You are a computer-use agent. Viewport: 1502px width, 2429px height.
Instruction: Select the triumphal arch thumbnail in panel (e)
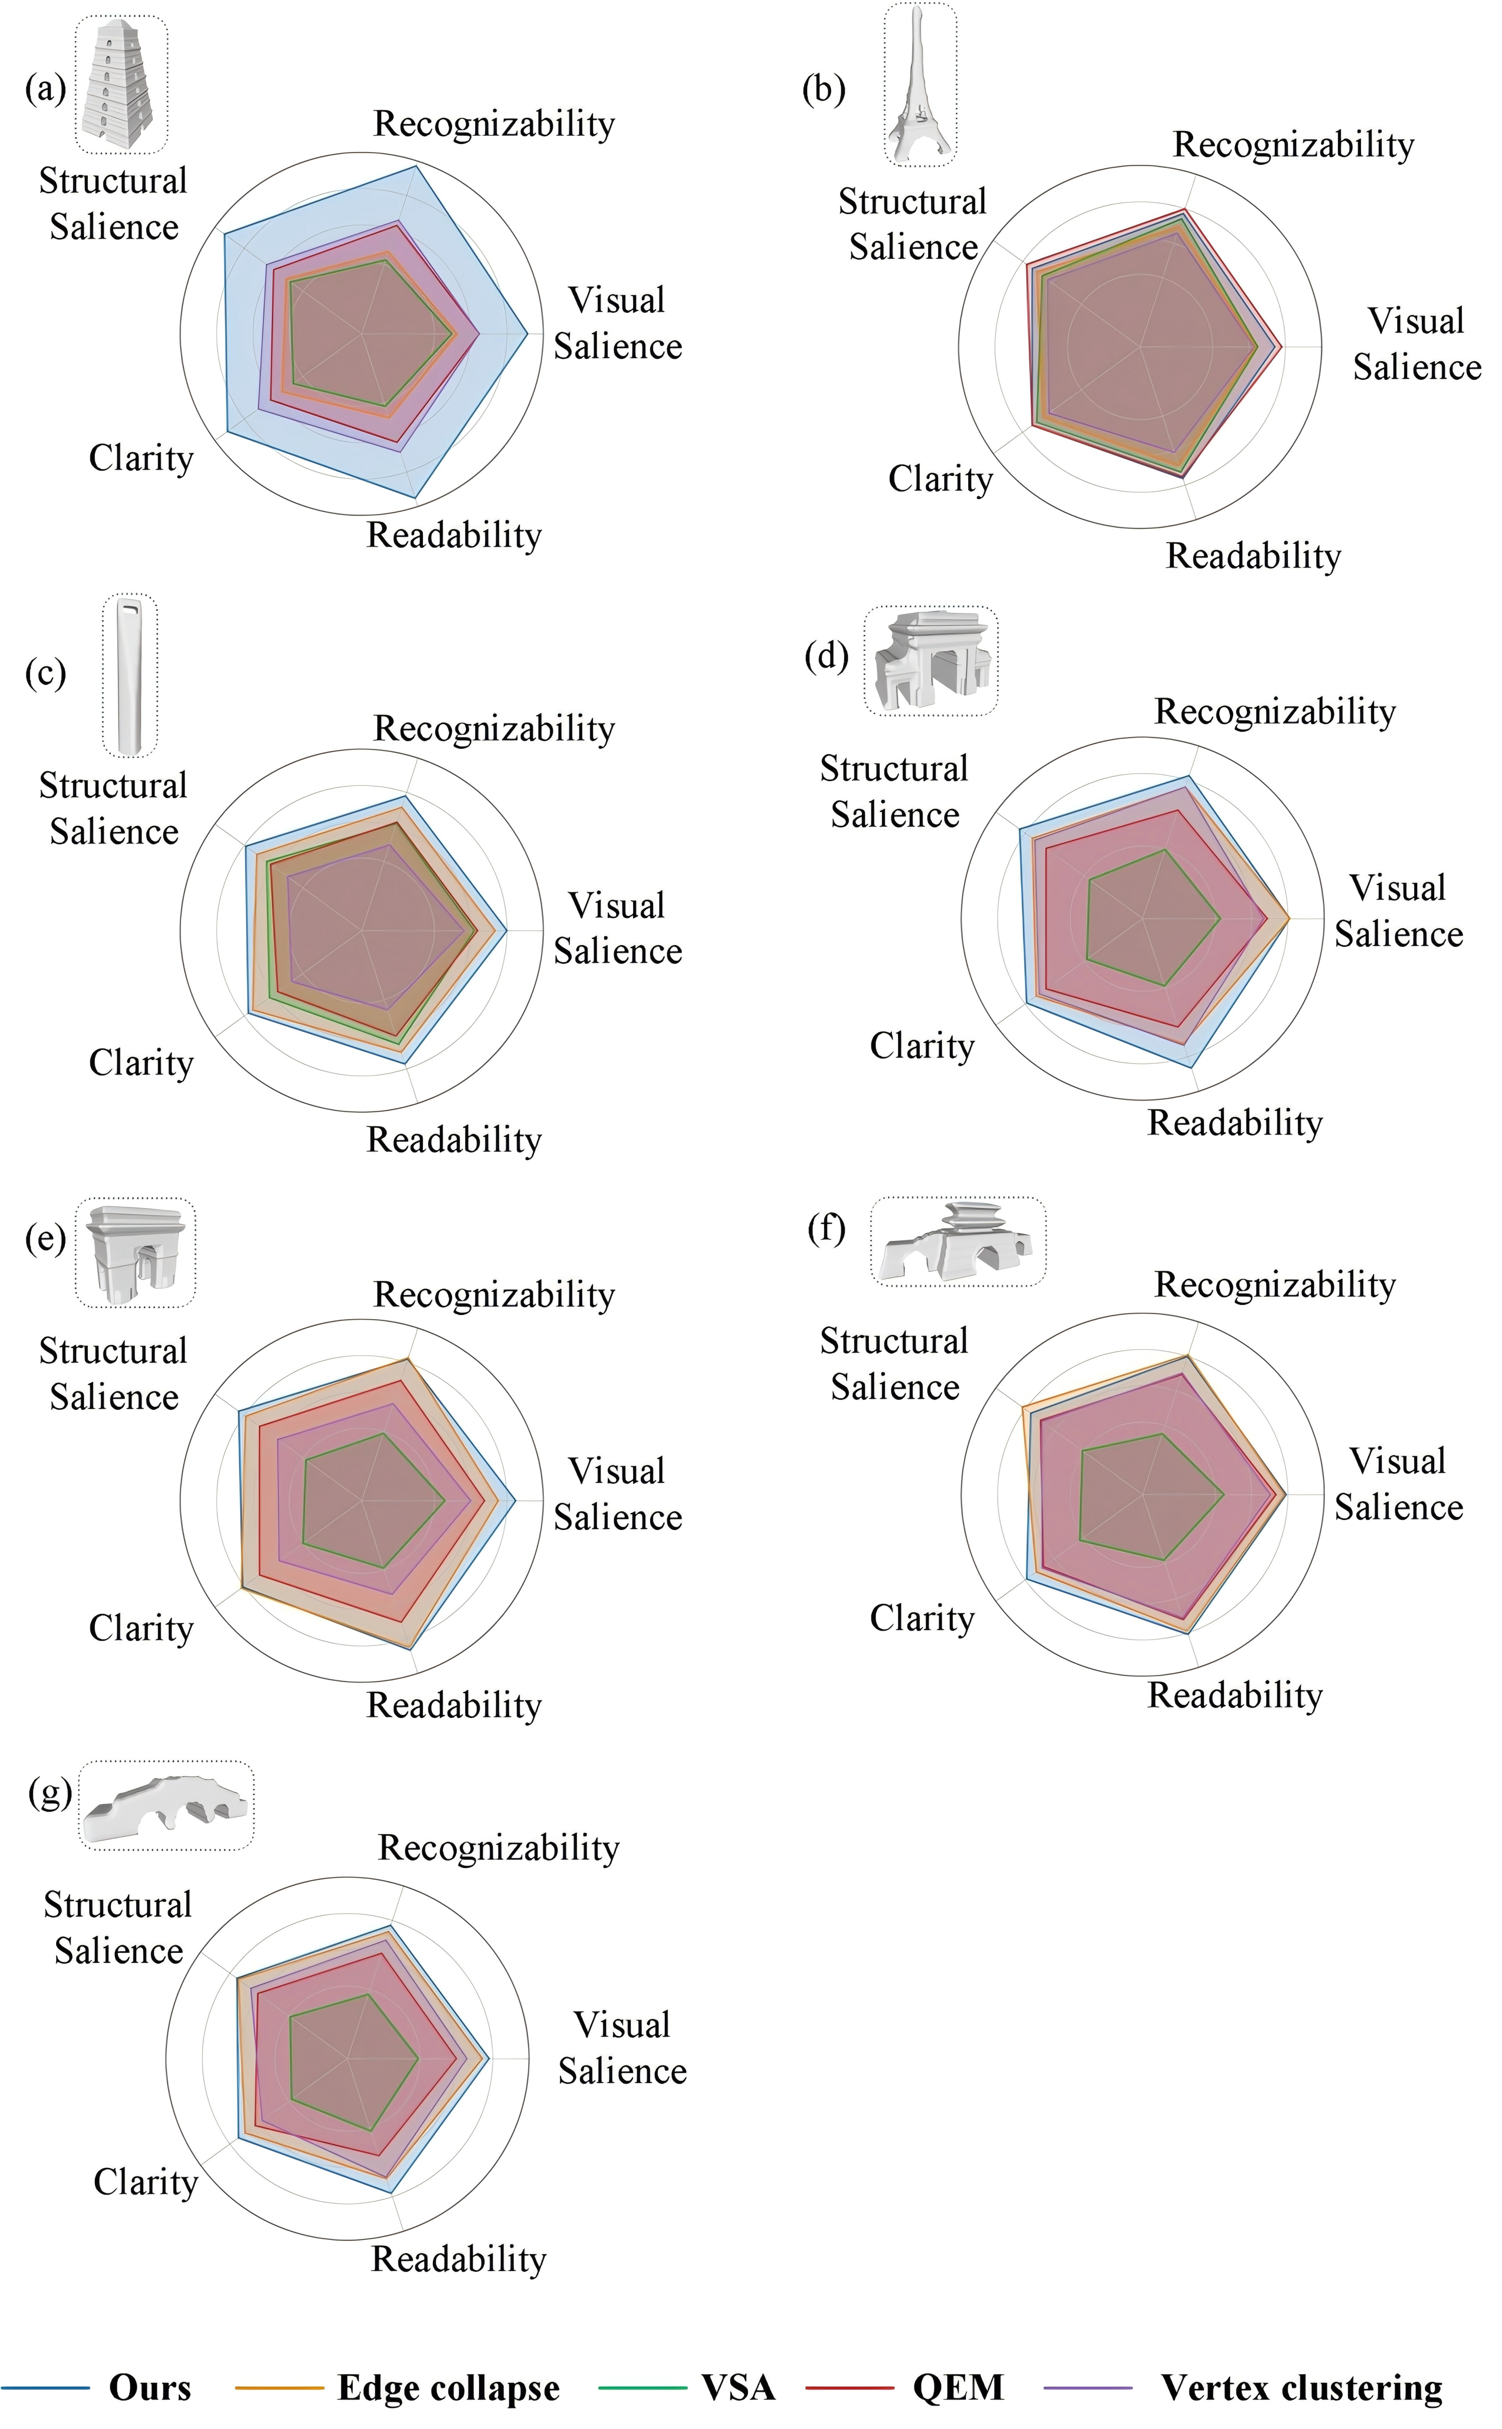click(x=135, y=1252)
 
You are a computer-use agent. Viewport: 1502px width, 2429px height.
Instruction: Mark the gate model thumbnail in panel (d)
click(x=931, y=661)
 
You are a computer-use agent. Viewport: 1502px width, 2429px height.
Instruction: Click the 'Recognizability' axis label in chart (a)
click(x=494, y=124)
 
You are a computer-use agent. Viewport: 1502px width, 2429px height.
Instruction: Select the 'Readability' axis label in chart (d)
click(x=1235, y=1122)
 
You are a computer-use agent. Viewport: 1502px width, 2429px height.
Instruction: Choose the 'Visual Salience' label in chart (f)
click(x=1398, y=1484)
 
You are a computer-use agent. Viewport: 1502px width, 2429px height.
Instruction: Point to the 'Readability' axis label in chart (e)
click(x=454, y=1705)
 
